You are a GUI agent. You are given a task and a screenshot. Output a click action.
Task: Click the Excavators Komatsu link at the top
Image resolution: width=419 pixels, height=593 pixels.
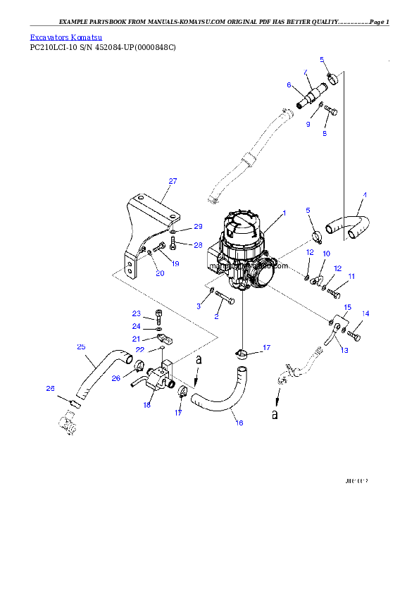66,37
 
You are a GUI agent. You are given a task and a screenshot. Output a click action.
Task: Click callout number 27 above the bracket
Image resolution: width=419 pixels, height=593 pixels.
173,181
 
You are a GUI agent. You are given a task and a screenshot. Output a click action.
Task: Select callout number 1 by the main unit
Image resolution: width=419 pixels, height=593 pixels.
284,212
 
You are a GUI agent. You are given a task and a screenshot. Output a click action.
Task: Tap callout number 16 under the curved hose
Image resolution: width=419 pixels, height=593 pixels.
239,423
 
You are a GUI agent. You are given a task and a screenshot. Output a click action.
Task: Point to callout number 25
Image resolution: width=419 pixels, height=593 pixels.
81,347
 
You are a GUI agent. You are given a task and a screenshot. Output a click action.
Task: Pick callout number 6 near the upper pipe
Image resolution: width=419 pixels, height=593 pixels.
289,85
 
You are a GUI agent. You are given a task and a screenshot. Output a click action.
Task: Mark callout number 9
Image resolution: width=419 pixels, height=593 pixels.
308,124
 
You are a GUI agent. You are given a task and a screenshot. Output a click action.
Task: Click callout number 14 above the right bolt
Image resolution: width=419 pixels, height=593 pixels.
365,313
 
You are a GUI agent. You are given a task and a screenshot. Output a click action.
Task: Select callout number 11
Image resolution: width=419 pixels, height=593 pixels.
351,276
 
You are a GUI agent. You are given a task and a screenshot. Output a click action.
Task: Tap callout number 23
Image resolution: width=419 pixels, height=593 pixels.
137,313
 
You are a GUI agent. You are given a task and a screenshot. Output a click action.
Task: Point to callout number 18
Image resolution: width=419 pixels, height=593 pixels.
147,405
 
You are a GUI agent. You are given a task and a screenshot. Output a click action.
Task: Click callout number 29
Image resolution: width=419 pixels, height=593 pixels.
198,227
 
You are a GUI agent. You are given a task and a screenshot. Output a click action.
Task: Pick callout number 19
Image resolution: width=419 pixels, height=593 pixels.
175,263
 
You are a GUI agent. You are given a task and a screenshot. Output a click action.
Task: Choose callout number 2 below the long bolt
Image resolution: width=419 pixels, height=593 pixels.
216,316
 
